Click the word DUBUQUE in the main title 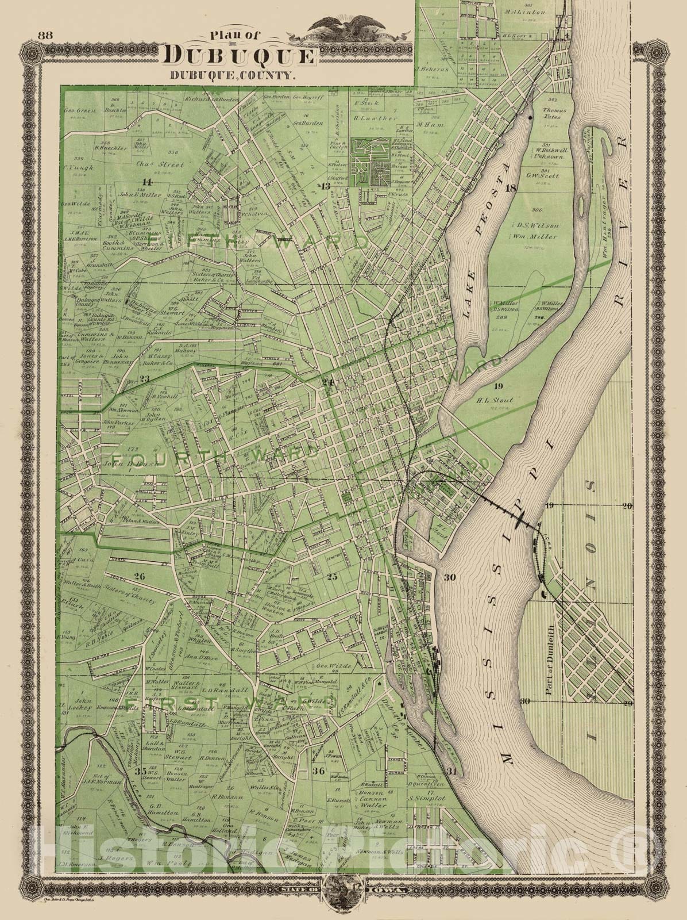pos(240,56)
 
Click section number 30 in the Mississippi pos(449,578)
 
